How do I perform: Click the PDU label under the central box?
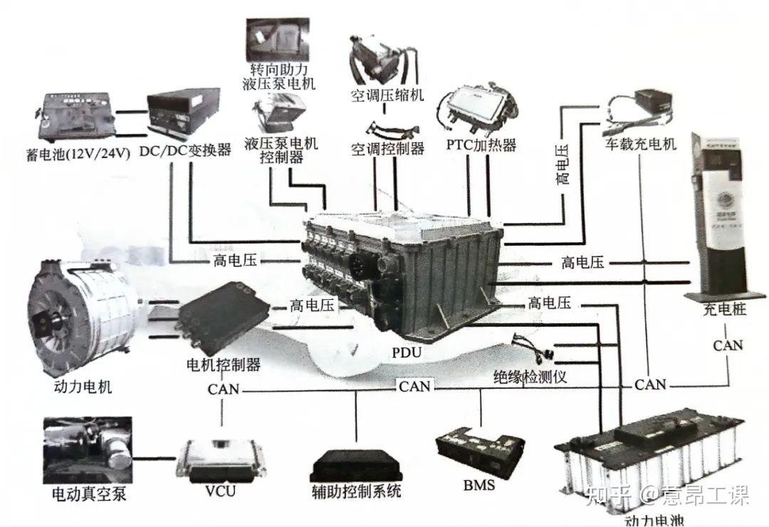coord(407,353)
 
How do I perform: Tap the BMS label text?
coord(478,486)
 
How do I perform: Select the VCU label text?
coord(220,491)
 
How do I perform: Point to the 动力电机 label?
coord(83,387)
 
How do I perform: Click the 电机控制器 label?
coord(223,365)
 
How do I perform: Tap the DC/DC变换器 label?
coord(186,150)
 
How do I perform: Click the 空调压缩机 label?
coord(387,95)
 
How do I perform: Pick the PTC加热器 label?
coord(481,145)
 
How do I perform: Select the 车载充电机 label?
coord(641,145)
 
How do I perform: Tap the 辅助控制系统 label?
coord(356,491)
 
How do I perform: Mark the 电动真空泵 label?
coord(84,494)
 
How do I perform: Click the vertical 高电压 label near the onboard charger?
coord(563,163)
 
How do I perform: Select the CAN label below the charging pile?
coord(728,345)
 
